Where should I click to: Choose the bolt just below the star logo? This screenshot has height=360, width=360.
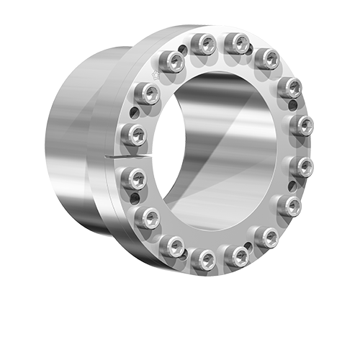pyautogui.click(x=148, y=93)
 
